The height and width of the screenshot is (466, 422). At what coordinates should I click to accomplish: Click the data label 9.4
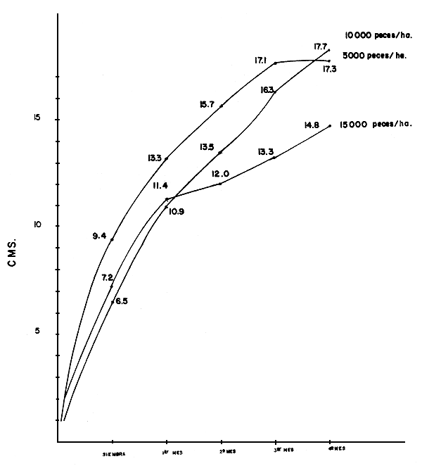(98, 237)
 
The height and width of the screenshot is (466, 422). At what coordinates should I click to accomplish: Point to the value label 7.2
(107, 278)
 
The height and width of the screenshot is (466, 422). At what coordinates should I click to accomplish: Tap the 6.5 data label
(122, 301)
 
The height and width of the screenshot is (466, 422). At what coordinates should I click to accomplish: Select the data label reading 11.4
(159, 186)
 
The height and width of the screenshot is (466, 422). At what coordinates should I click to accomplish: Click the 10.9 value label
(177, 210)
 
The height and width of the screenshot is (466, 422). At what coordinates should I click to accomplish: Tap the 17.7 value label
(322, 46)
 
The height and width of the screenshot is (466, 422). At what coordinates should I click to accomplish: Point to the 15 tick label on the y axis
(34, 118)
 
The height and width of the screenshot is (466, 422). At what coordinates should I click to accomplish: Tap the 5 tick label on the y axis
(35, 333)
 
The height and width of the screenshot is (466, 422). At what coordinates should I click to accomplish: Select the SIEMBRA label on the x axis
(113, 453)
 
